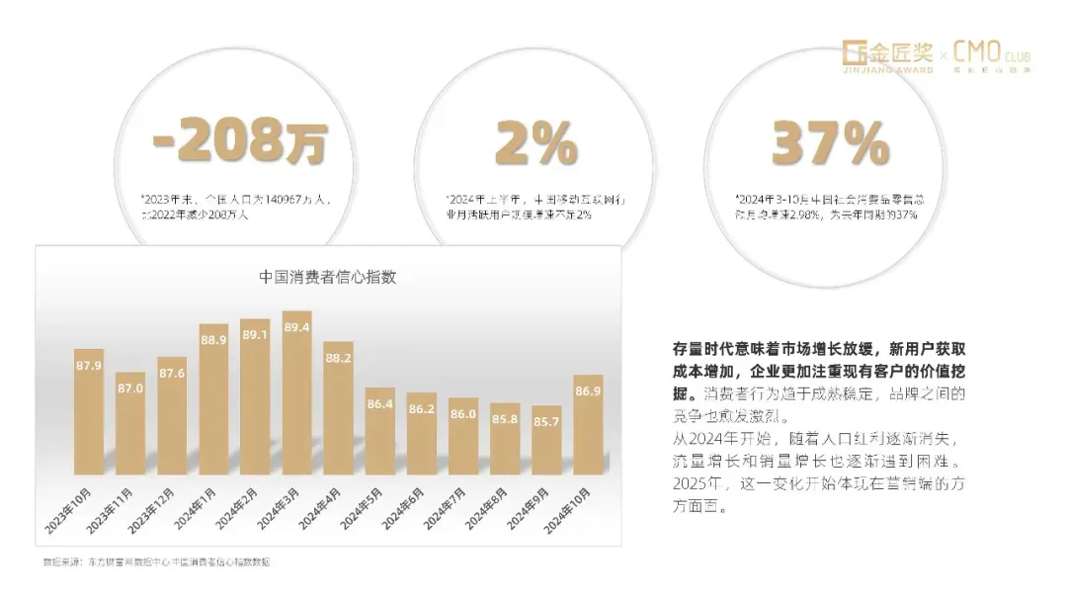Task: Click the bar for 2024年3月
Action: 296,395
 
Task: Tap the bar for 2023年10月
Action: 89,415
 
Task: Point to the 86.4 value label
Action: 379,402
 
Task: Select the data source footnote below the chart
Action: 155,561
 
